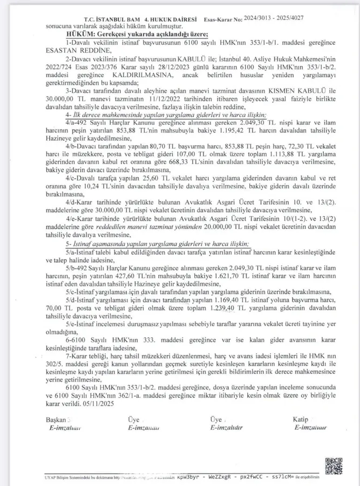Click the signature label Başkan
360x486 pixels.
click(x=56, y=419)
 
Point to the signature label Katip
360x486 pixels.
click(x=301, y=419)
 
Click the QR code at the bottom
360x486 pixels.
click(x=334, y=465)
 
